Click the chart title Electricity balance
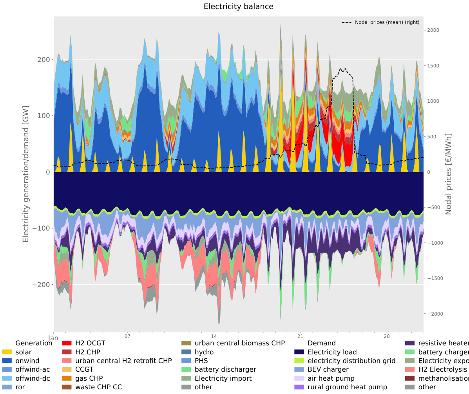[x=238, y=7]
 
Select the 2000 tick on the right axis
[x=433, y=30]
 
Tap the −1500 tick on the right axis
[x=435, y=278]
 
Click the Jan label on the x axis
[x=53, y=338]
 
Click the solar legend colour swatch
[x=7, y=352]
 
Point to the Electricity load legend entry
[x=332, y=352]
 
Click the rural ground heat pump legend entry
[x=347, y=387]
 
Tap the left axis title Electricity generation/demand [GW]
[x=26, y=173]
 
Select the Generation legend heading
[x=34, y=343]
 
